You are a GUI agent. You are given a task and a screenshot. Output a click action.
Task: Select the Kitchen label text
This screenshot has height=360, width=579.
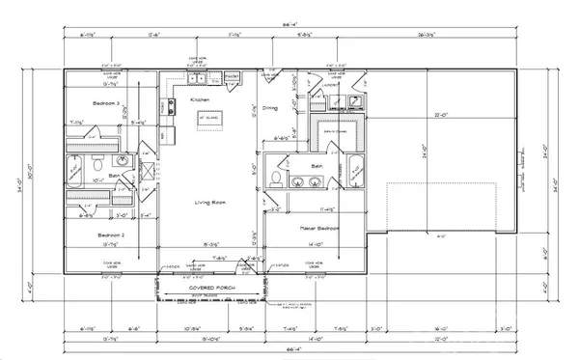coord(200,99)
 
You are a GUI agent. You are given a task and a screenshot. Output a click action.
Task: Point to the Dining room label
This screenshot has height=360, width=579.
coord(269,108)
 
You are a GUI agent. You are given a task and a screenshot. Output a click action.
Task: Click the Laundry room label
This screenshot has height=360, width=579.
coord(331,86)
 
